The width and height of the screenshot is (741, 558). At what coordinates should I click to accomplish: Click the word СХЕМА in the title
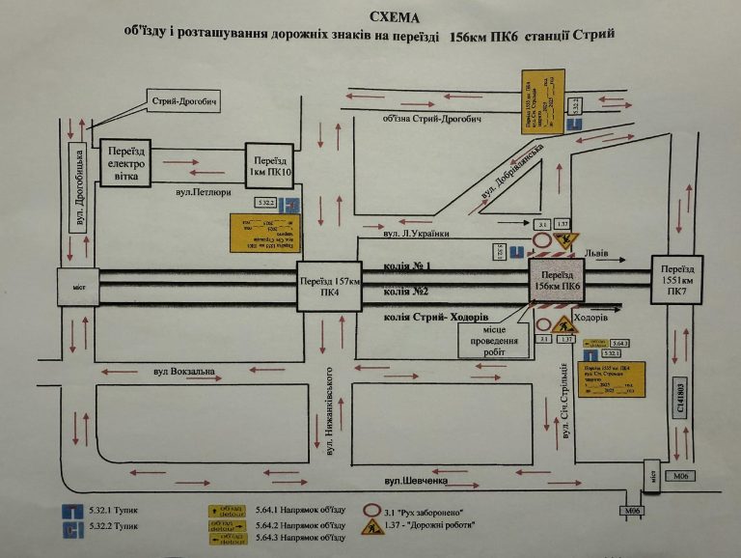pyautogui.click(x=395, y=16)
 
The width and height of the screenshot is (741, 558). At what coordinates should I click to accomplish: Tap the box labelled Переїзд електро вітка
pyautogui.click(x=125, y=162)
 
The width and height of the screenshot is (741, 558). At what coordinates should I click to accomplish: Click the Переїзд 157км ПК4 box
pyautogui.click(x=328, y=288)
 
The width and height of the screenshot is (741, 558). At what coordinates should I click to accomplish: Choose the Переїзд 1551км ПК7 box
pyautogui.click(x=675, y=279)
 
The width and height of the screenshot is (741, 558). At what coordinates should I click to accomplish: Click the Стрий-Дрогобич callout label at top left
pyautogui.click(x=179, y=101)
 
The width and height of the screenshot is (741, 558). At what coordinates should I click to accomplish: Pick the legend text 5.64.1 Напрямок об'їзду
pyautogui.click(x=300, y=509)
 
